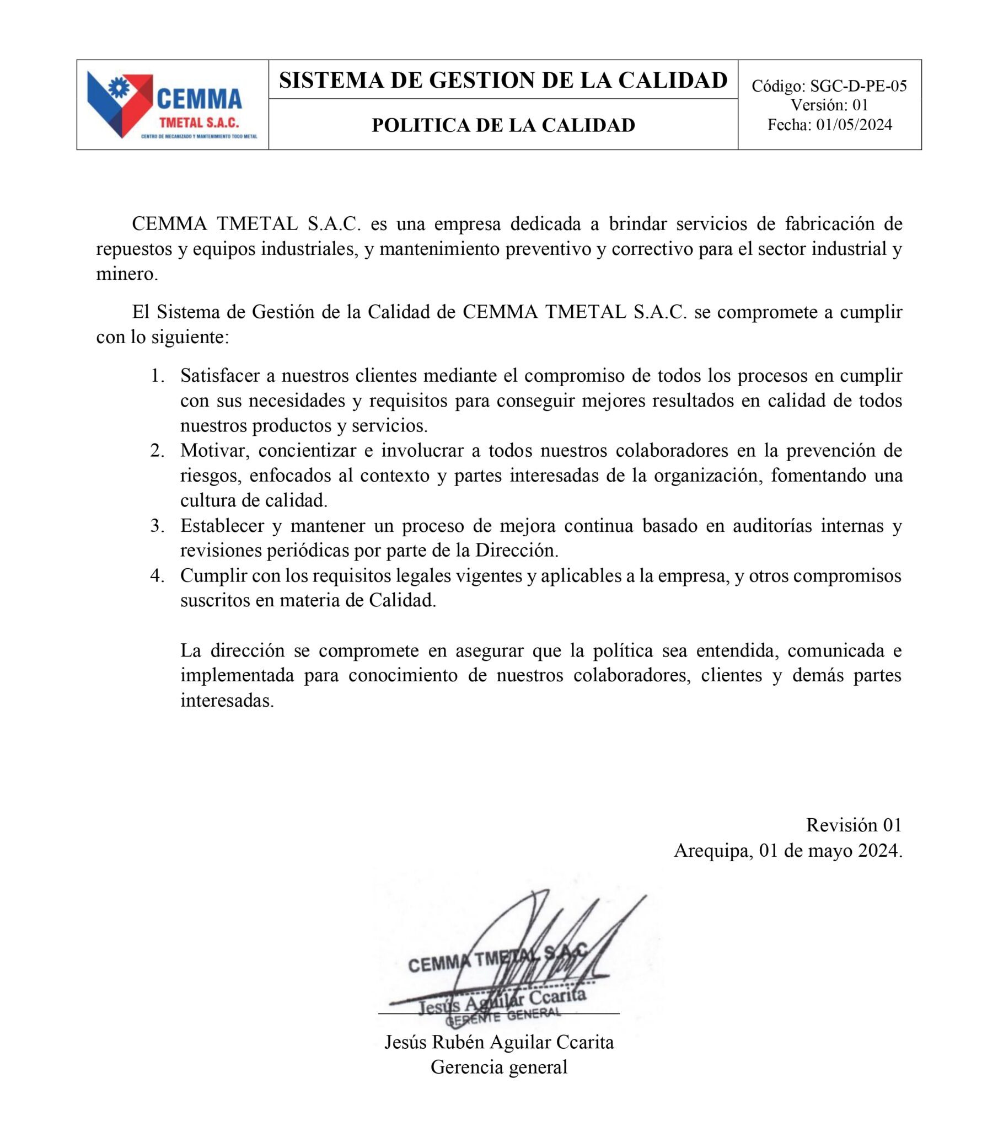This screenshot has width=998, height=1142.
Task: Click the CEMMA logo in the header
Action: (172, 105)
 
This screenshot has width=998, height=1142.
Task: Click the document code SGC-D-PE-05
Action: (858, 86)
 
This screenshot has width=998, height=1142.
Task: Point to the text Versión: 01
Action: (829, 105)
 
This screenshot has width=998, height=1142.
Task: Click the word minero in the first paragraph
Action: (125, 274)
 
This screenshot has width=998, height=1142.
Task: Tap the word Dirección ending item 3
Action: (516, 551)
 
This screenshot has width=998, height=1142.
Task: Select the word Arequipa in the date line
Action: (713, 851)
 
